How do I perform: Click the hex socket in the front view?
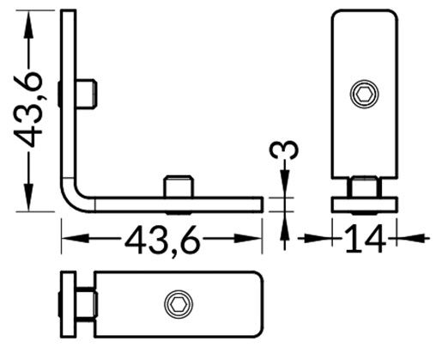click(x=364, y=95)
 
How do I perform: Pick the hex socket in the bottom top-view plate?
click(x=178, y=303)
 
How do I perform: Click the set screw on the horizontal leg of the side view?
click(x=177, y=185)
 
